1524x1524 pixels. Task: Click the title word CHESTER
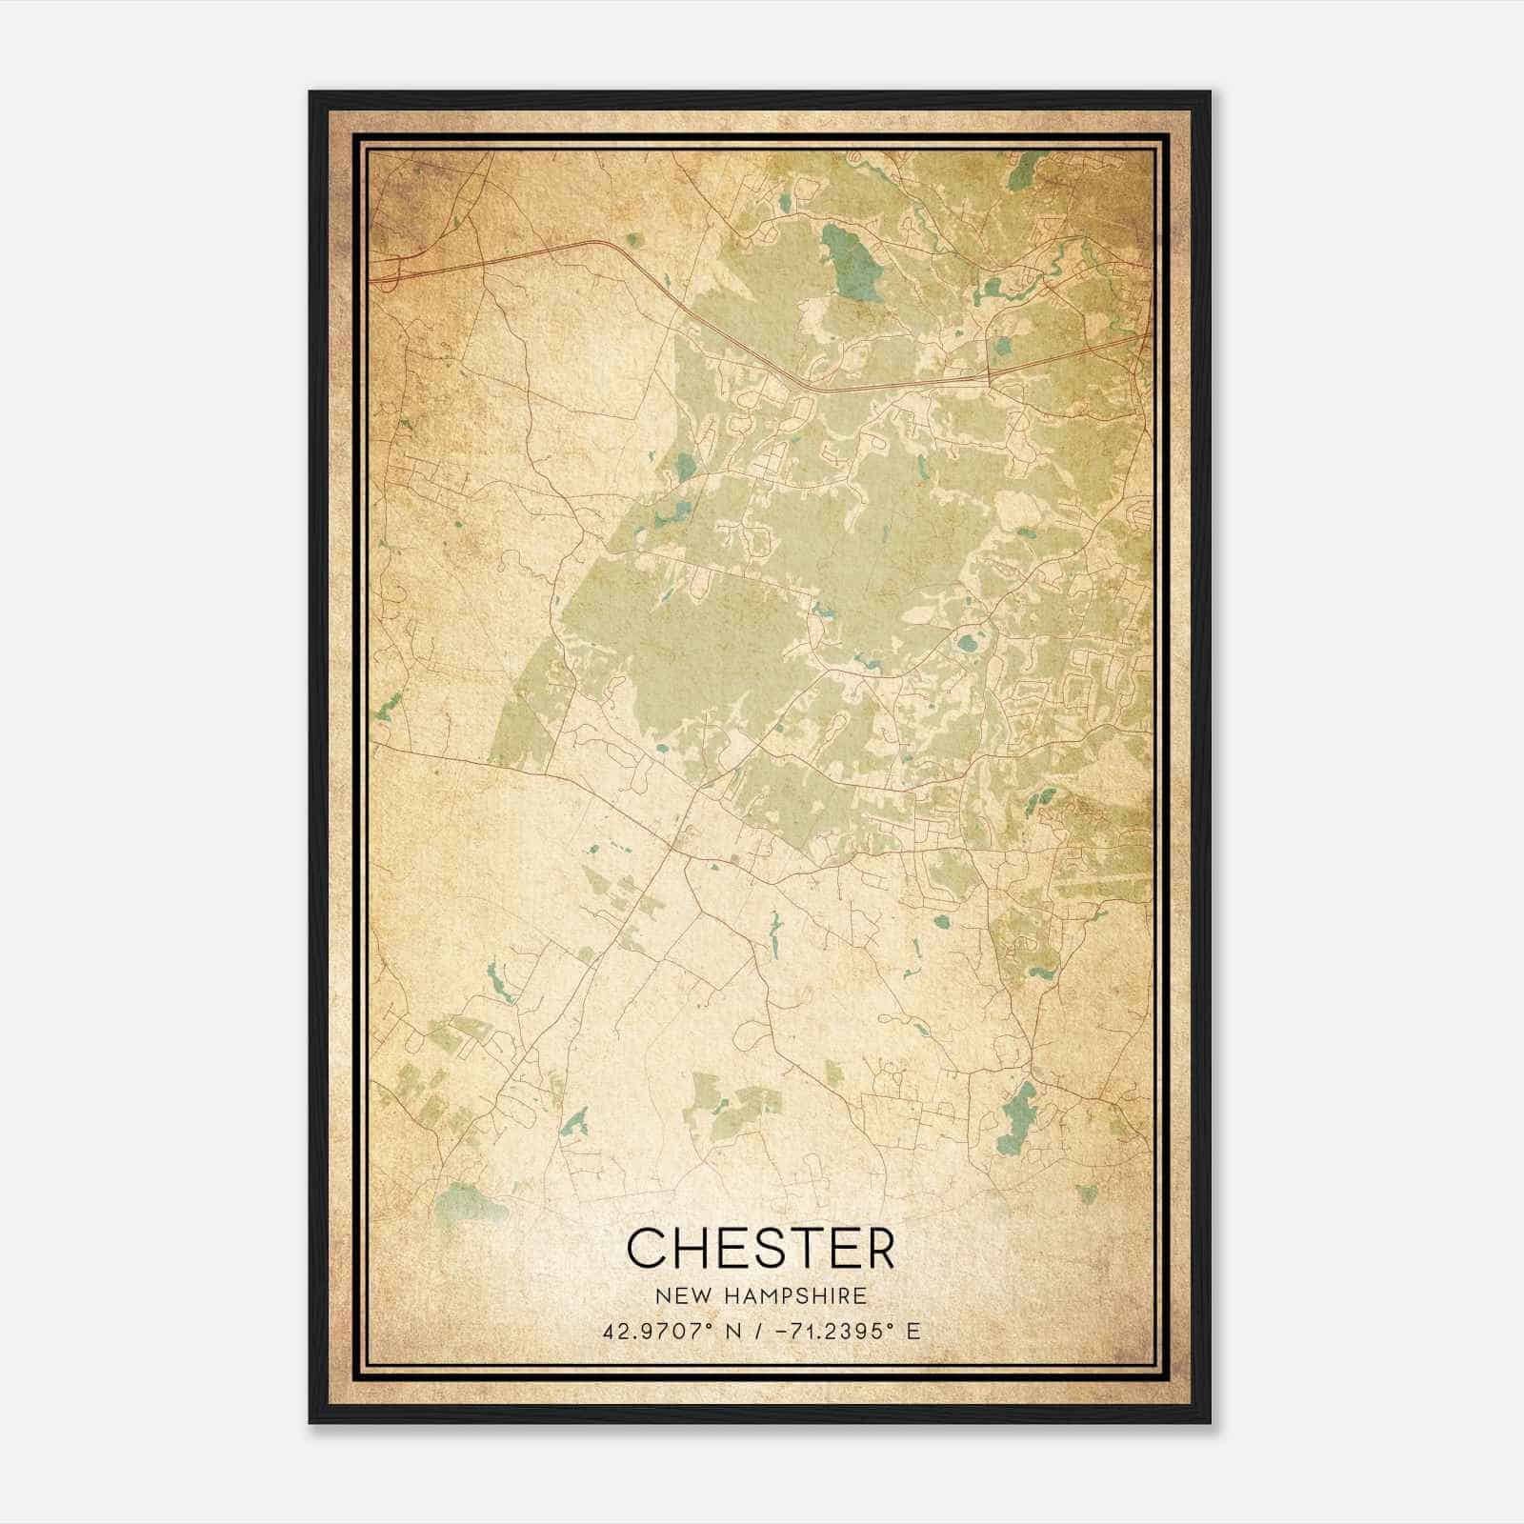pos(761,1247)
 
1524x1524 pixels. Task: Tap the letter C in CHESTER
pos(645,1247)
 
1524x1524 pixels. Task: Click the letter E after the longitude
pos(912,1331)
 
